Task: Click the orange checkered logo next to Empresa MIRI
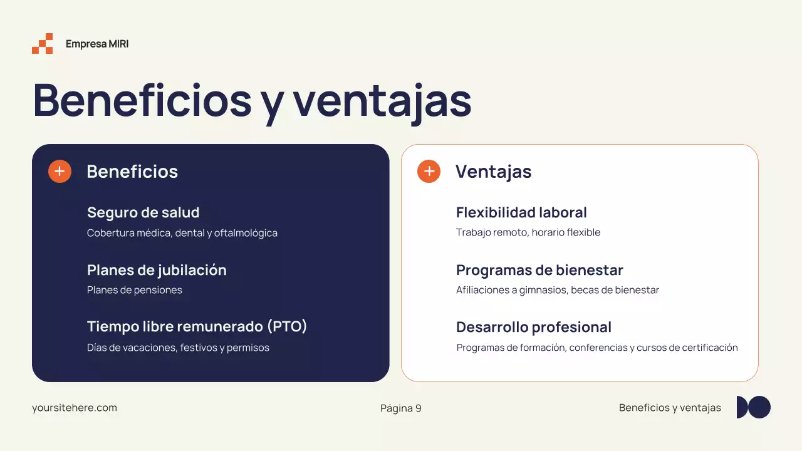[x=43, y=44]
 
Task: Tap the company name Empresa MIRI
[x=97, y=44]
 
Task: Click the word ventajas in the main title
[x=382, y=100]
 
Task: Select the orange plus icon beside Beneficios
[x=60, y=171]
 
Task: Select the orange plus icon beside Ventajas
[x=429, y=171]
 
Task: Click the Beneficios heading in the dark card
[x=132, y=172]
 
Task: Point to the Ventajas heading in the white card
[x=493, y=172]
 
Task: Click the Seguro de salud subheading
[x=143, y=212]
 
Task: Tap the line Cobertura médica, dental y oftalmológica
[x=182, y=233]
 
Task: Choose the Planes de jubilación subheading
[x=157, y=270]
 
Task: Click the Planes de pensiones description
[x=135, y=290]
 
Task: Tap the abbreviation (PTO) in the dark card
[x=287, y=326]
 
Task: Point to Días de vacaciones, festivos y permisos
[x=178, y=348]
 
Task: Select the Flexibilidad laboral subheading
[x=521, y=212]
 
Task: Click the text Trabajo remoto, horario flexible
[x=528, y=232]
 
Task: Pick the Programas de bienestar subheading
[x=539, y=270]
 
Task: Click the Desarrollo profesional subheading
[x=533, y=327]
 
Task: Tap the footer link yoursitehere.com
[x=75, y=408]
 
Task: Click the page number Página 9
[x=400, y=408]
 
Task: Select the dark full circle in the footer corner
[x=759, y=407]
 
